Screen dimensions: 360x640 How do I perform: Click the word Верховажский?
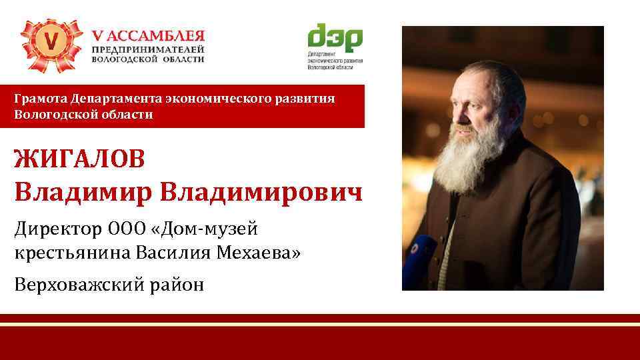[x=81, y=285]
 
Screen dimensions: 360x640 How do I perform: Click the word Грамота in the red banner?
[x=41, y=99]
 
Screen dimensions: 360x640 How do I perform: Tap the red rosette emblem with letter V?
[x=50, y=44]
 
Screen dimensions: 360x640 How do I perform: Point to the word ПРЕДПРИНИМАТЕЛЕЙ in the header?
[x=148, y=49]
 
